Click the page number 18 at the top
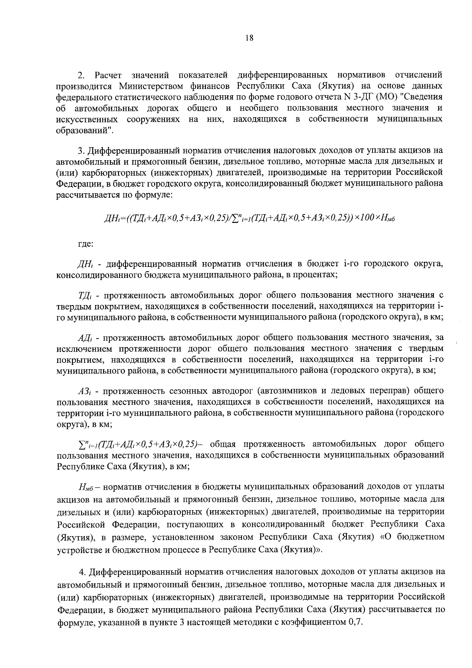[249, 38]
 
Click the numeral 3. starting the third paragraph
[81, 150]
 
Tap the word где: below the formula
[85, 244]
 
